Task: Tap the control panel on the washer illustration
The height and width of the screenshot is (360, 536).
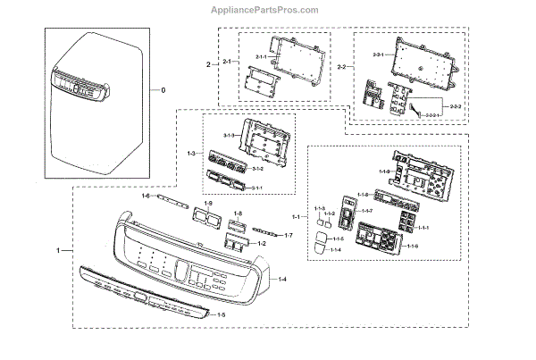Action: (80, 86)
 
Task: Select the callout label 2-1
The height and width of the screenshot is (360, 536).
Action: (227, 62)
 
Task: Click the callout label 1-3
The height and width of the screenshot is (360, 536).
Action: (191, 154)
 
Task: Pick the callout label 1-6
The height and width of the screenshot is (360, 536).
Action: (145, 196)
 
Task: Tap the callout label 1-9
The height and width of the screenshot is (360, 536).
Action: (208, 205)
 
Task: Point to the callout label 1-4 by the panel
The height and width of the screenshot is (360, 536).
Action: (281, 280)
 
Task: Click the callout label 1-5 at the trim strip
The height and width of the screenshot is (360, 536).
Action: (221, 315)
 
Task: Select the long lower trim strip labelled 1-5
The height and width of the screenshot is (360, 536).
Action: (143, 294)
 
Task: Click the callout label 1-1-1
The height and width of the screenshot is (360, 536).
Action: (424, 227)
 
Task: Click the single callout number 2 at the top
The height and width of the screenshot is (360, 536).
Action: (208, 64)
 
